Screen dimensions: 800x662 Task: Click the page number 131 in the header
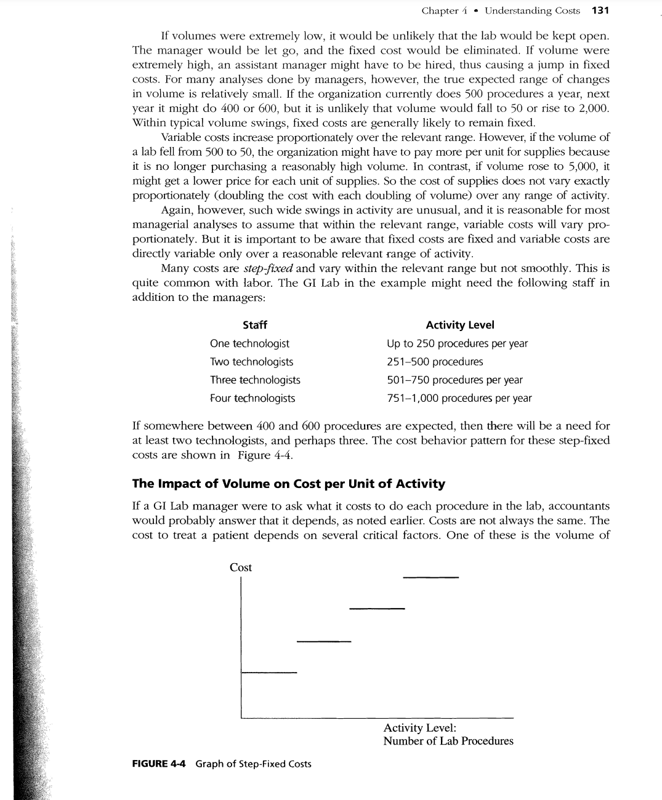(x=600, y=10)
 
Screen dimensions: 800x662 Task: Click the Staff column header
(x=254, y=325)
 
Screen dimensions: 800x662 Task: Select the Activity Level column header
(x=459, y=325)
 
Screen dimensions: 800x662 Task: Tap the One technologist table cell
(x=249, y=343)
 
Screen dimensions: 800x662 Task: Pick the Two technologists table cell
(x=251, y=362)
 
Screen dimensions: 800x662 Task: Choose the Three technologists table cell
(x=255, y=380)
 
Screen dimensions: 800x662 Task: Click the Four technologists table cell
(x=252, y=398)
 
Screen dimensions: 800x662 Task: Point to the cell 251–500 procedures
(x=435, y=362)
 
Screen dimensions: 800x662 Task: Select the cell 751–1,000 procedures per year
(x=459, y=398)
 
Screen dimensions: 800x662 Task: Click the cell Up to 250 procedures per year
(x=457, y=343)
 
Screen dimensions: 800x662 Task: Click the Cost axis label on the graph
(x=241, y=567)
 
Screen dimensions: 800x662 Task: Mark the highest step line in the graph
(x=431, y=577)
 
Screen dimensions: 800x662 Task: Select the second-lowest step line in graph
(x=323, y=642)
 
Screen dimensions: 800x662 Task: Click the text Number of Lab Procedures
(x=448, y=741)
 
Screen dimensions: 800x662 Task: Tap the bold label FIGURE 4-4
(x=159, y=764)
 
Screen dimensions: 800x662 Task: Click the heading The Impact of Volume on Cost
(x=288, y=484)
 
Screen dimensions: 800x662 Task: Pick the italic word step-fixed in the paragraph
(x=268, y=268)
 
